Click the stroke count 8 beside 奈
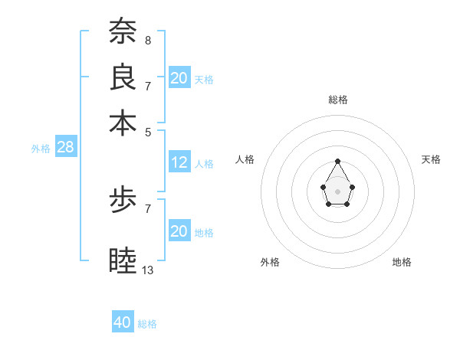(x=148, y=39)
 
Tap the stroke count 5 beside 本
(x=148, y=131)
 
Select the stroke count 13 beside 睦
(x=148, y=270)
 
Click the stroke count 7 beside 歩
(x=148, y=208)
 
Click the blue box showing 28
(x=65, y=148)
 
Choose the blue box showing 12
(x=179, y=162)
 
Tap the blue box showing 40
(x=123, y=322)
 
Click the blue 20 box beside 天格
(x=179, y=78)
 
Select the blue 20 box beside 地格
(x=179, y=231)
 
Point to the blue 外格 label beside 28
(x=41, y=149)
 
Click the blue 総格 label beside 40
(x=147, y=324)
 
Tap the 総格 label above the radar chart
(x=338, y=100)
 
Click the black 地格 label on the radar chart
(x=402, y=262)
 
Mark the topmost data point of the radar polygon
(x=338, y=161)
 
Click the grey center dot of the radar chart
(x=338, y=191)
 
